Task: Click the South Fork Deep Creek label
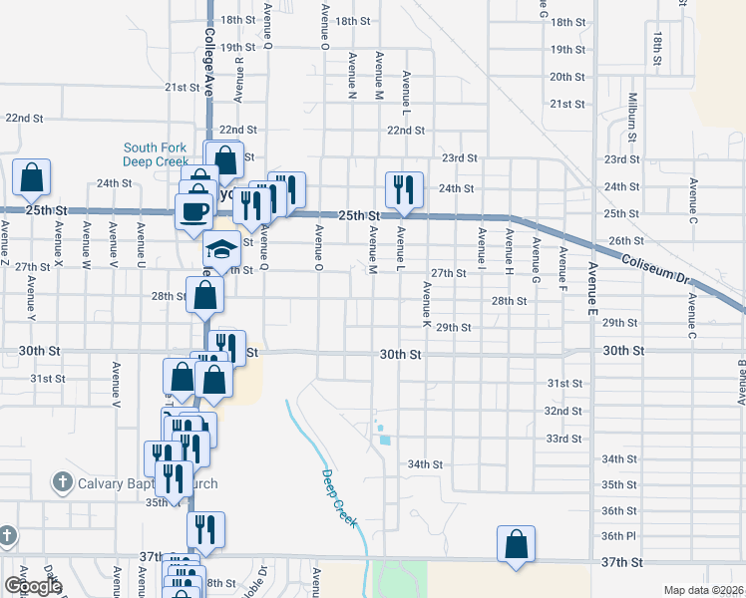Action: pyautogui.click(x=156, y=153)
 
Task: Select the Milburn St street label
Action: pyautogui.click(x=631, y=110)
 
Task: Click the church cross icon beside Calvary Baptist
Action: pyautogui.click(x=61, y=484)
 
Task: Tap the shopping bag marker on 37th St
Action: pyautogui.click(x=516, y=544)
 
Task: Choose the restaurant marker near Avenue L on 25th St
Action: pyautogui.click(x=404, y=188)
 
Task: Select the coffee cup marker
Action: pyautogui.click(x=193, y=210)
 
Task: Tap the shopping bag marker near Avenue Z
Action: pyautogui.click(x=31, y=177)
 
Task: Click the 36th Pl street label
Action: pyautogui.click(x=618, y=536)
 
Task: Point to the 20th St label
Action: pyautogui.click(x=566, y=77)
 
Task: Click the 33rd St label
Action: pyautogui.click(x=562, y=439)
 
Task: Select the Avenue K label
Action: pyautogui.click(x=427, y=305)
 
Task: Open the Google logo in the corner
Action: pyautogui.click(x=33, y=586)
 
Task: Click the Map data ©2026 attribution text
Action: pyautogui.click(x=702, y=590)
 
